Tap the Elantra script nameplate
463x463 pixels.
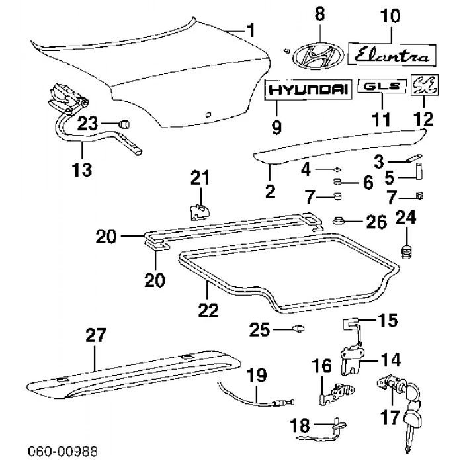[x=393, y=54]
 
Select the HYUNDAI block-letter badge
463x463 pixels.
[x=308, y=91]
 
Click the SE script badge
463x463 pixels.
[x=422, y=86]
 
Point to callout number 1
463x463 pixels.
[x=250, y=29]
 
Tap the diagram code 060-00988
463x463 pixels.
[x=62, y=451]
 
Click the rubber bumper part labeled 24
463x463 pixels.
[x=406, y=252]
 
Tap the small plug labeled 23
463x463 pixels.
[x=123, y=124]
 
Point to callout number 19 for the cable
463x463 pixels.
[x=256, y=376]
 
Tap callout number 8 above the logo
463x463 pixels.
[x=320, y=13]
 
